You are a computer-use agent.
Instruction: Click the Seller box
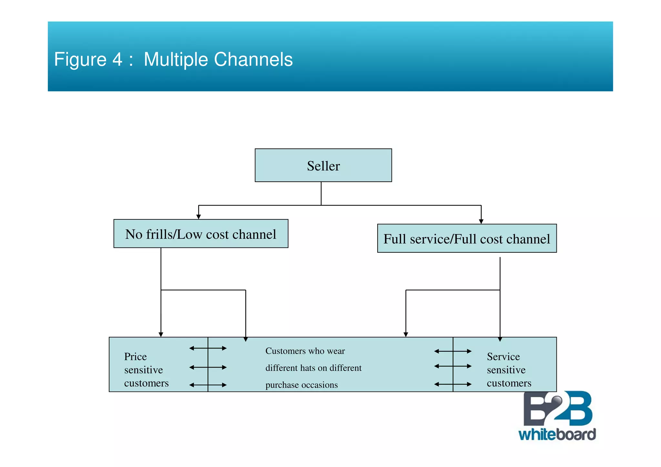pyautogui.click(x=323, y=166)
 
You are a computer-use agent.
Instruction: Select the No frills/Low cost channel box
pyautogui.click(x=200, y=234)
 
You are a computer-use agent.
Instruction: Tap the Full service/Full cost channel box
pyautogui.click(x=467, y=239)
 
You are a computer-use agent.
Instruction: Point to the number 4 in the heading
pyautogui.click(x=117, y=59)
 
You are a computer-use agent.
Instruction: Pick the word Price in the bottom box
pyautogui.click(x=135, y=357)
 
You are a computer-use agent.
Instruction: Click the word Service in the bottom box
pyautogui.click(x=503, y=357)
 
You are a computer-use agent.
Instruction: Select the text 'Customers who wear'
pyautogui.click(x=305, y=351)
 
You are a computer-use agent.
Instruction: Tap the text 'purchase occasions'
pyautogui.click(x=301, y=385)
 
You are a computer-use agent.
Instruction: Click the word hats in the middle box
pyautogui.click(x=308, y=368)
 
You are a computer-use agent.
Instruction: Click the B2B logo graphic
pyautogui.click(x=557, y=409)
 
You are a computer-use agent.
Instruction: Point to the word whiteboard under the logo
pyautogui.click(x=557, y=434)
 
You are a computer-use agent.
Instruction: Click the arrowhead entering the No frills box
pyautogui.click(x=198, y=217)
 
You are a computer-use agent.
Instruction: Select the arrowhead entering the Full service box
pyautogui.click(x=481, y=221)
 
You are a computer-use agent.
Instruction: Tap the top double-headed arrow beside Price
pyautogui.click(x=208, y=348)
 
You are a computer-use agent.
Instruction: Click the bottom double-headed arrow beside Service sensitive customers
pyautogui.click(x=453, y=384)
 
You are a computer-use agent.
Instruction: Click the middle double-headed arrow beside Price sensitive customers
pyautogui.click(x=208, y=367)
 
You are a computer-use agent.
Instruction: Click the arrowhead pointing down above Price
pyautogui.click(x=161, y=335)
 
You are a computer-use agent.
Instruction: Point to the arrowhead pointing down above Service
pyautogui.click(x=500, y=339)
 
